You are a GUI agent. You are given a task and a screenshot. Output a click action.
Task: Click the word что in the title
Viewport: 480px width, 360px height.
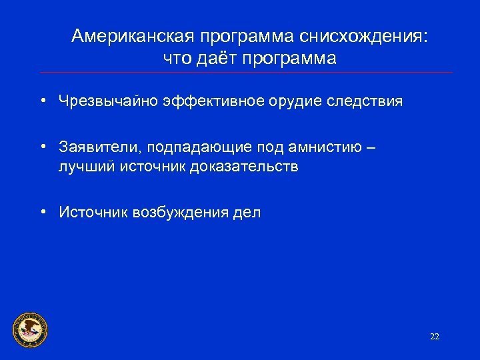click(x=177, y=58)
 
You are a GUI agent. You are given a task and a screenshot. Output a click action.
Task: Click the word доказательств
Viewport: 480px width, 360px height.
click(x=244, y=166)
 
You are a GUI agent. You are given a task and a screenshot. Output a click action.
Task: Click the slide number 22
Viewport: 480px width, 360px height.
click(x=435, y=337)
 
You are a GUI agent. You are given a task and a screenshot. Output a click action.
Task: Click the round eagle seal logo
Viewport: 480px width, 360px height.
click(x=31, y=329)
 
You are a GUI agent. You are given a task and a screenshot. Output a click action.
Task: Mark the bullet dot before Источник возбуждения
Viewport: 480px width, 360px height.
click(x=42, y=213)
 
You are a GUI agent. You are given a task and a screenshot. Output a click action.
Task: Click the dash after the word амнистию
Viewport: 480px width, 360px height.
click(x=371, y=146)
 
